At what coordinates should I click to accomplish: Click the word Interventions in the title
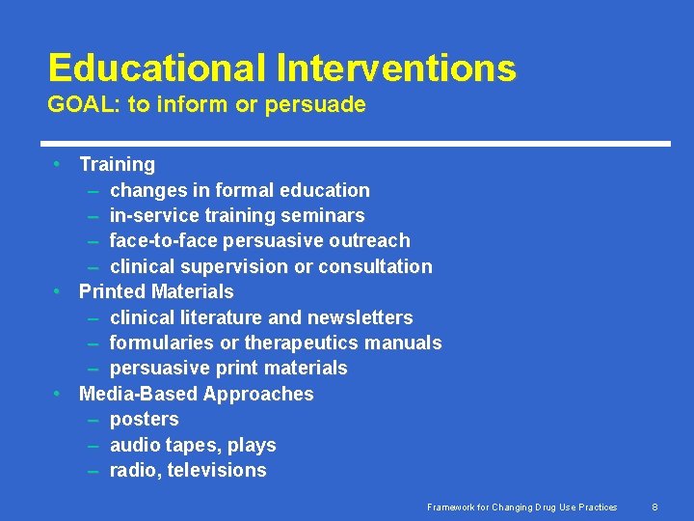[396, 69]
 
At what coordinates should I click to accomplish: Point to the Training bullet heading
[117, 165]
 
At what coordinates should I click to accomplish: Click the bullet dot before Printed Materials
[59, 291]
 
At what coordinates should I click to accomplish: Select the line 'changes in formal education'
[239, 190]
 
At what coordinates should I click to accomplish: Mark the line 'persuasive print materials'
[228, 369]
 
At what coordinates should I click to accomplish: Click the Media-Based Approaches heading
[196, 394]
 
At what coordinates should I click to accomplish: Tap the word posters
[144, 419]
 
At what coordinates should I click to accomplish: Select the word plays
[252, 445]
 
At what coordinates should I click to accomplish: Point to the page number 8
[654, 507]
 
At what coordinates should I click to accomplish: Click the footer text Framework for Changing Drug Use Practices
[522, 507]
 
